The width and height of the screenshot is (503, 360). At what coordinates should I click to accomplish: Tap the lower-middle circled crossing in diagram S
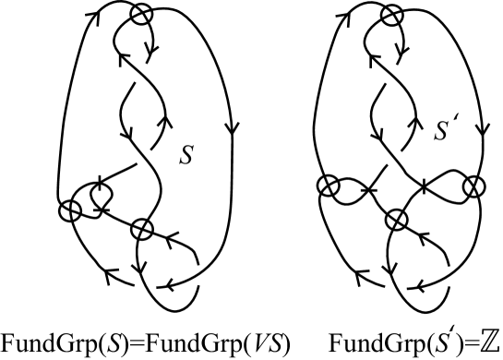click(140, 228)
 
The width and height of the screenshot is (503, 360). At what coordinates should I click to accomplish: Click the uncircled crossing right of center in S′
click(424, 187)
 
